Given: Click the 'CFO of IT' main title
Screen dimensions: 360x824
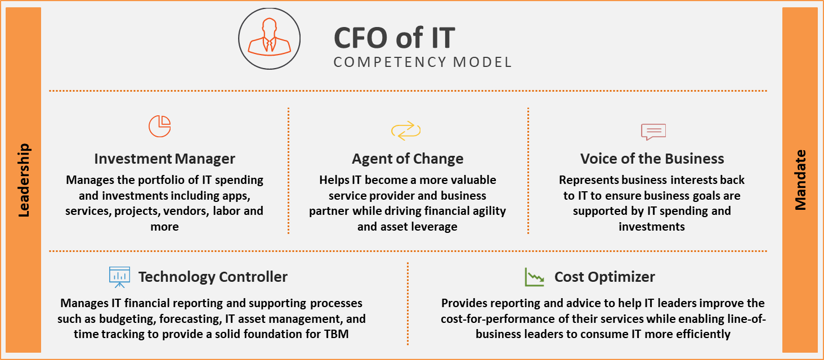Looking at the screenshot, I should click(394, 38).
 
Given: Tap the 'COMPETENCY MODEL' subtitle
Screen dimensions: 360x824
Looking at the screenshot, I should click(423, 62).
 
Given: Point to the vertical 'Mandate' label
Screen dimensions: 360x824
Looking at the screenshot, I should click(800, 180).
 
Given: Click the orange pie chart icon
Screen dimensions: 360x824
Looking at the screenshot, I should click(160, 126).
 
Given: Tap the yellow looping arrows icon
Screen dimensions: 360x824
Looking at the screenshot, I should click(406, 130).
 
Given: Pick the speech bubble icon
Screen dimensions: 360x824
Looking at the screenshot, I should click(653, 132).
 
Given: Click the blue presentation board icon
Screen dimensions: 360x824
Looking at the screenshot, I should click(119, 276).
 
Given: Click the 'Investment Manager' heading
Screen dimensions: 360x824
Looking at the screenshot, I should click(164, 159).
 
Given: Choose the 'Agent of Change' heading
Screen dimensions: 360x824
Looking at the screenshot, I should click(407, 159).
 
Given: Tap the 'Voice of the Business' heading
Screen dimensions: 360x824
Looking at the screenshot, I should click(652, 159).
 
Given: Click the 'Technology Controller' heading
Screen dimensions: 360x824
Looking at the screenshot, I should click(213, 277).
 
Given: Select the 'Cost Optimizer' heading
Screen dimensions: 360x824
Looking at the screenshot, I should click(604, 277).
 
